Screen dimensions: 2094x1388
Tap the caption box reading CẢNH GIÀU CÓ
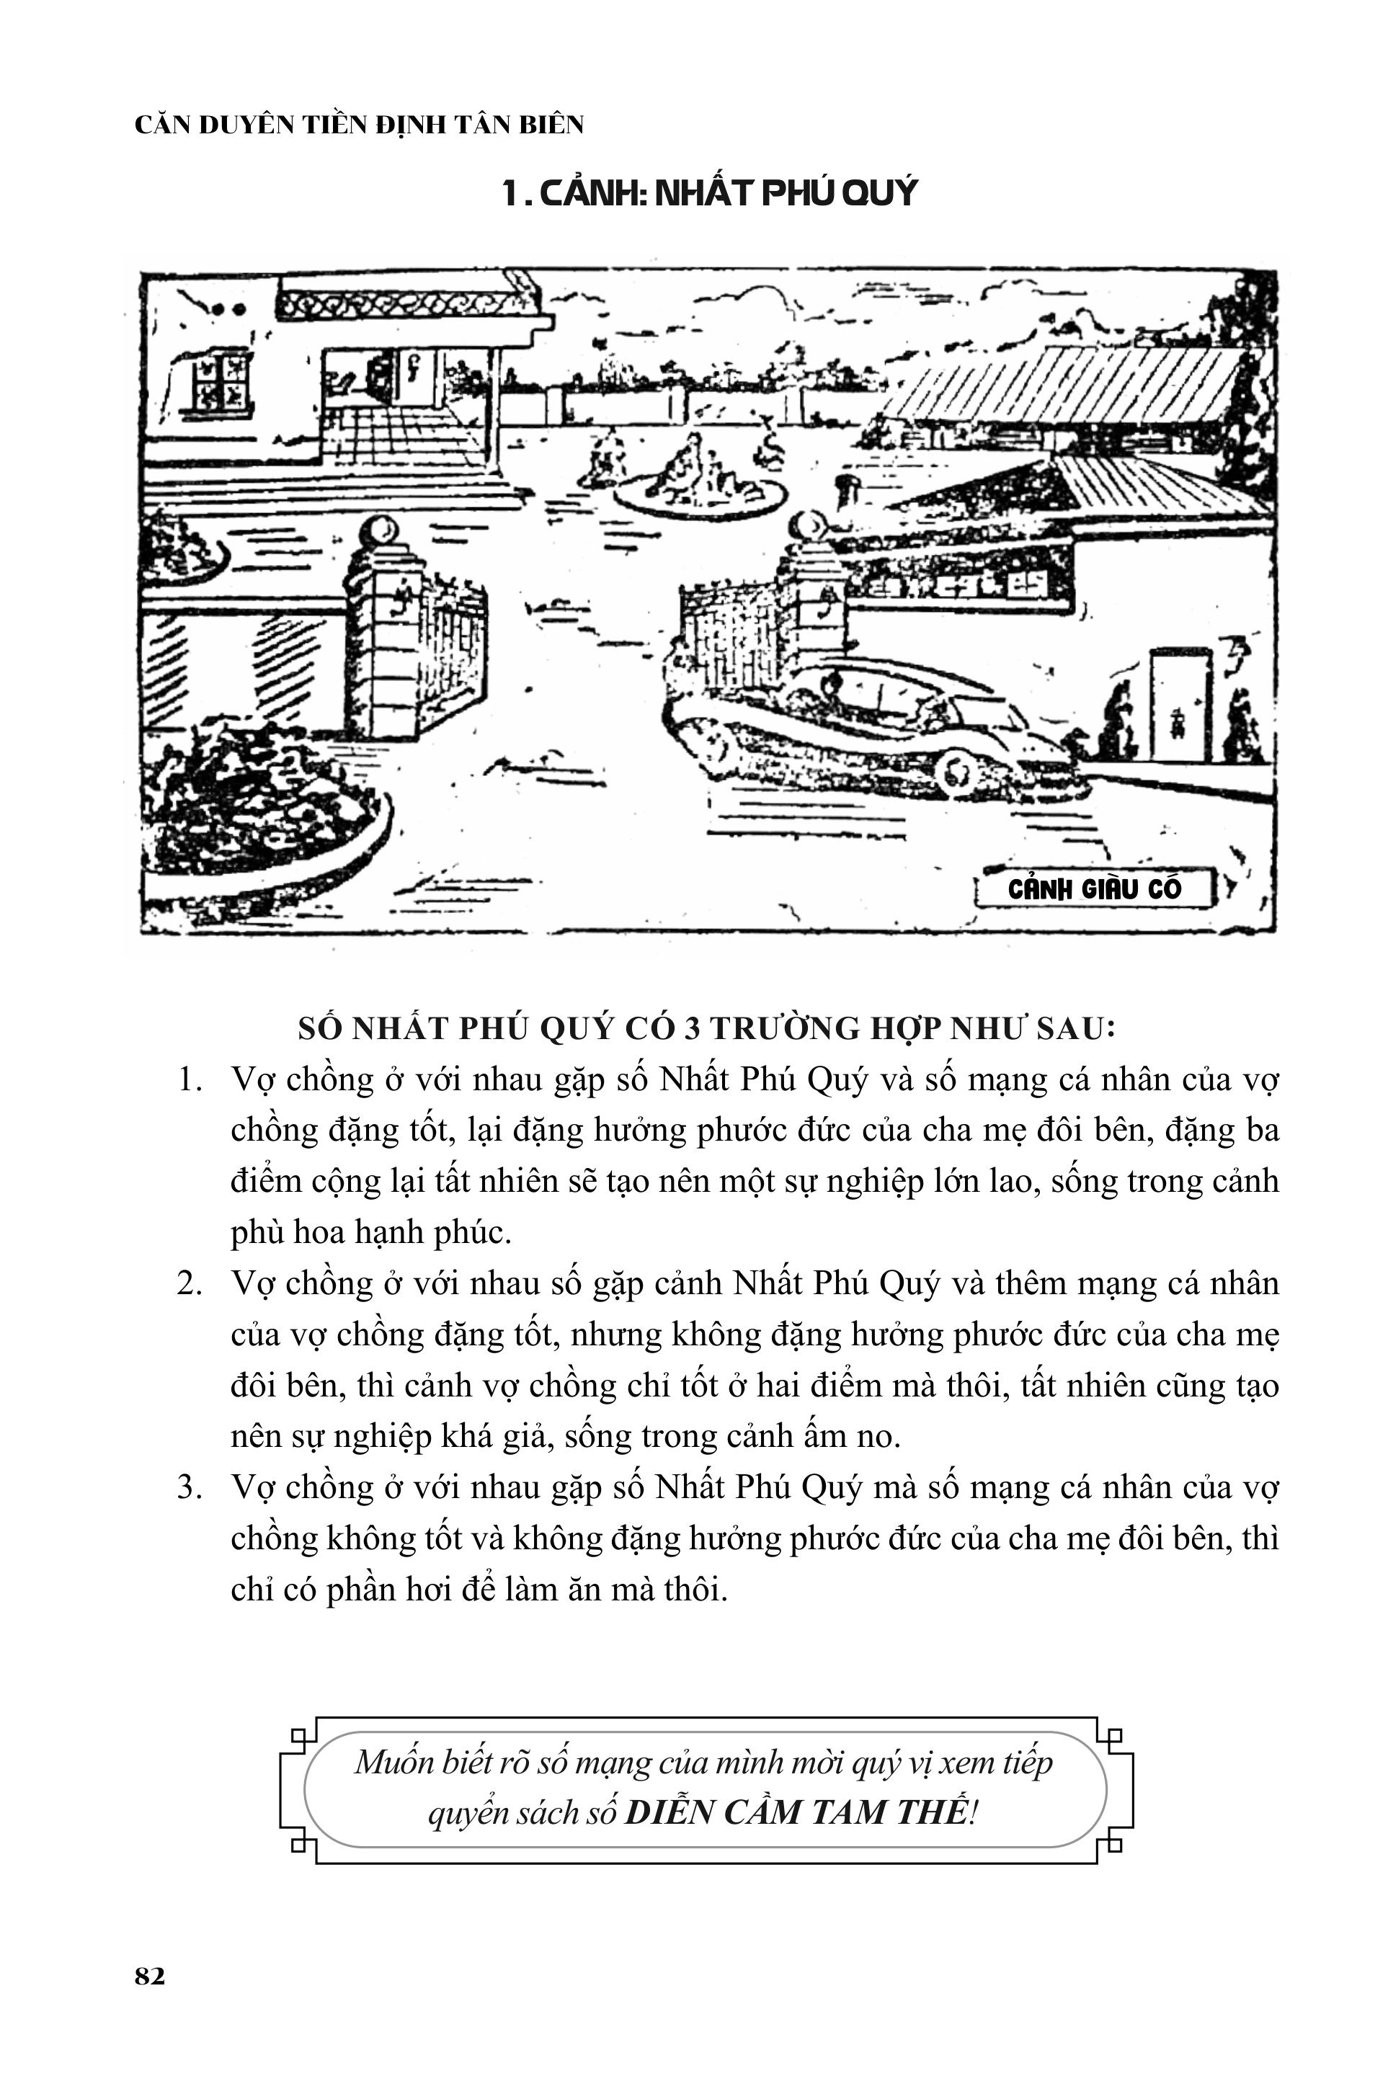[1094, 889]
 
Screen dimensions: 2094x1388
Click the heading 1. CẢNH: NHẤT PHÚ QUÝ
[709, 192]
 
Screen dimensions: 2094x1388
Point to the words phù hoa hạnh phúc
[371, 1233]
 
